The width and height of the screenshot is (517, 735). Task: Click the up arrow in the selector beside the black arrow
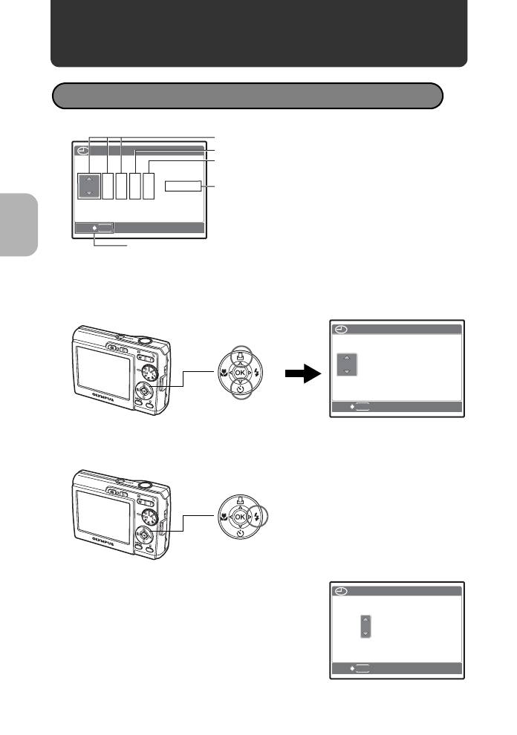point(347,358)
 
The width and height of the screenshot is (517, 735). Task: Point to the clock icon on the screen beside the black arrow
point(339,329)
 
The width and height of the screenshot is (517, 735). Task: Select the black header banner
point(258,33)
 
